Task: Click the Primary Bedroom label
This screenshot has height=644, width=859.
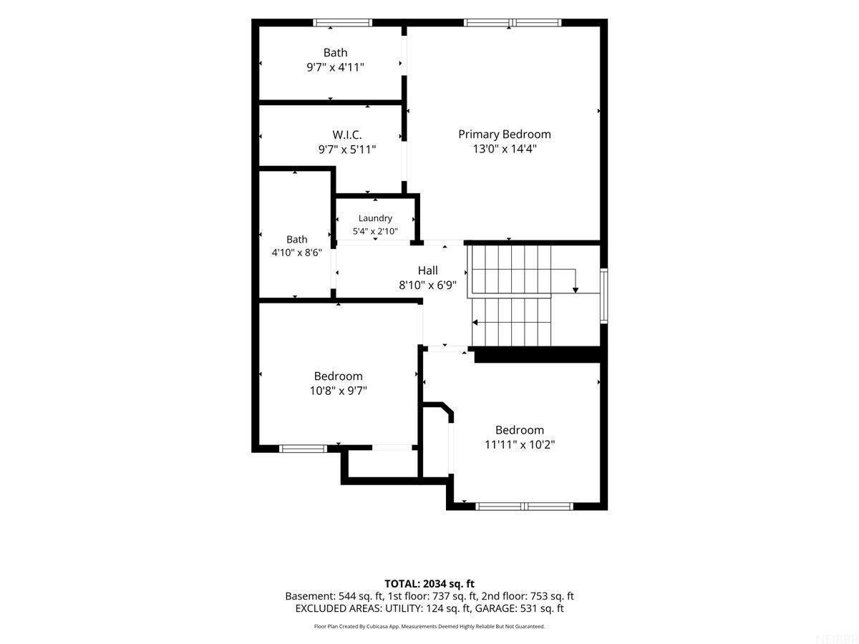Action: [504, 135]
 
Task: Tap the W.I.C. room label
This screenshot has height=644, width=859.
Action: [346, 135]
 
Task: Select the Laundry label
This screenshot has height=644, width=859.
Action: [375, 218]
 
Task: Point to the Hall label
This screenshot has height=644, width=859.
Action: [427, 270]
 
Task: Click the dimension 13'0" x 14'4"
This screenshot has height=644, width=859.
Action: [504, 149]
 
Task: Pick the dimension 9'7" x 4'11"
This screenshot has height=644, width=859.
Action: [335, 67]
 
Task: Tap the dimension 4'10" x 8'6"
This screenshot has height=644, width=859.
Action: [296, 253]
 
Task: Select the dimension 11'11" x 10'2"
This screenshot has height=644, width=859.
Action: [519, 444]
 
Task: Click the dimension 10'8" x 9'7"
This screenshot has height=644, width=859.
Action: [338, 391]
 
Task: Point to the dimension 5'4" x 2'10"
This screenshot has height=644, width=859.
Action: [375, 231]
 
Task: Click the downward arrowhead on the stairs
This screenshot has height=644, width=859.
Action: [575, 290]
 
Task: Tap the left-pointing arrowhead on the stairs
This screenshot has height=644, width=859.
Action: [475, 323]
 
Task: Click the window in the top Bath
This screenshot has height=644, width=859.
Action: [342, 23]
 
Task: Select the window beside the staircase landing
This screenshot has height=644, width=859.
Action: [604, 296]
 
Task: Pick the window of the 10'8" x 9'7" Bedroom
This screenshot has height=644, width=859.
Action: [303, 449]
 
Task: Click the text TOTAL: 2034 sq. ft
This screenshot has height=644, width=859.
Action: [429, 584]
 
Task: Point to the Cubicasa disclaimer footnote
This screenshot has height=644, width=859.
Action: [429, 626]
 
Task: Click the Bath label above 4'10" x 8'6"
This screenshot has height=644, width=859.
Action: [296, 239]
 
